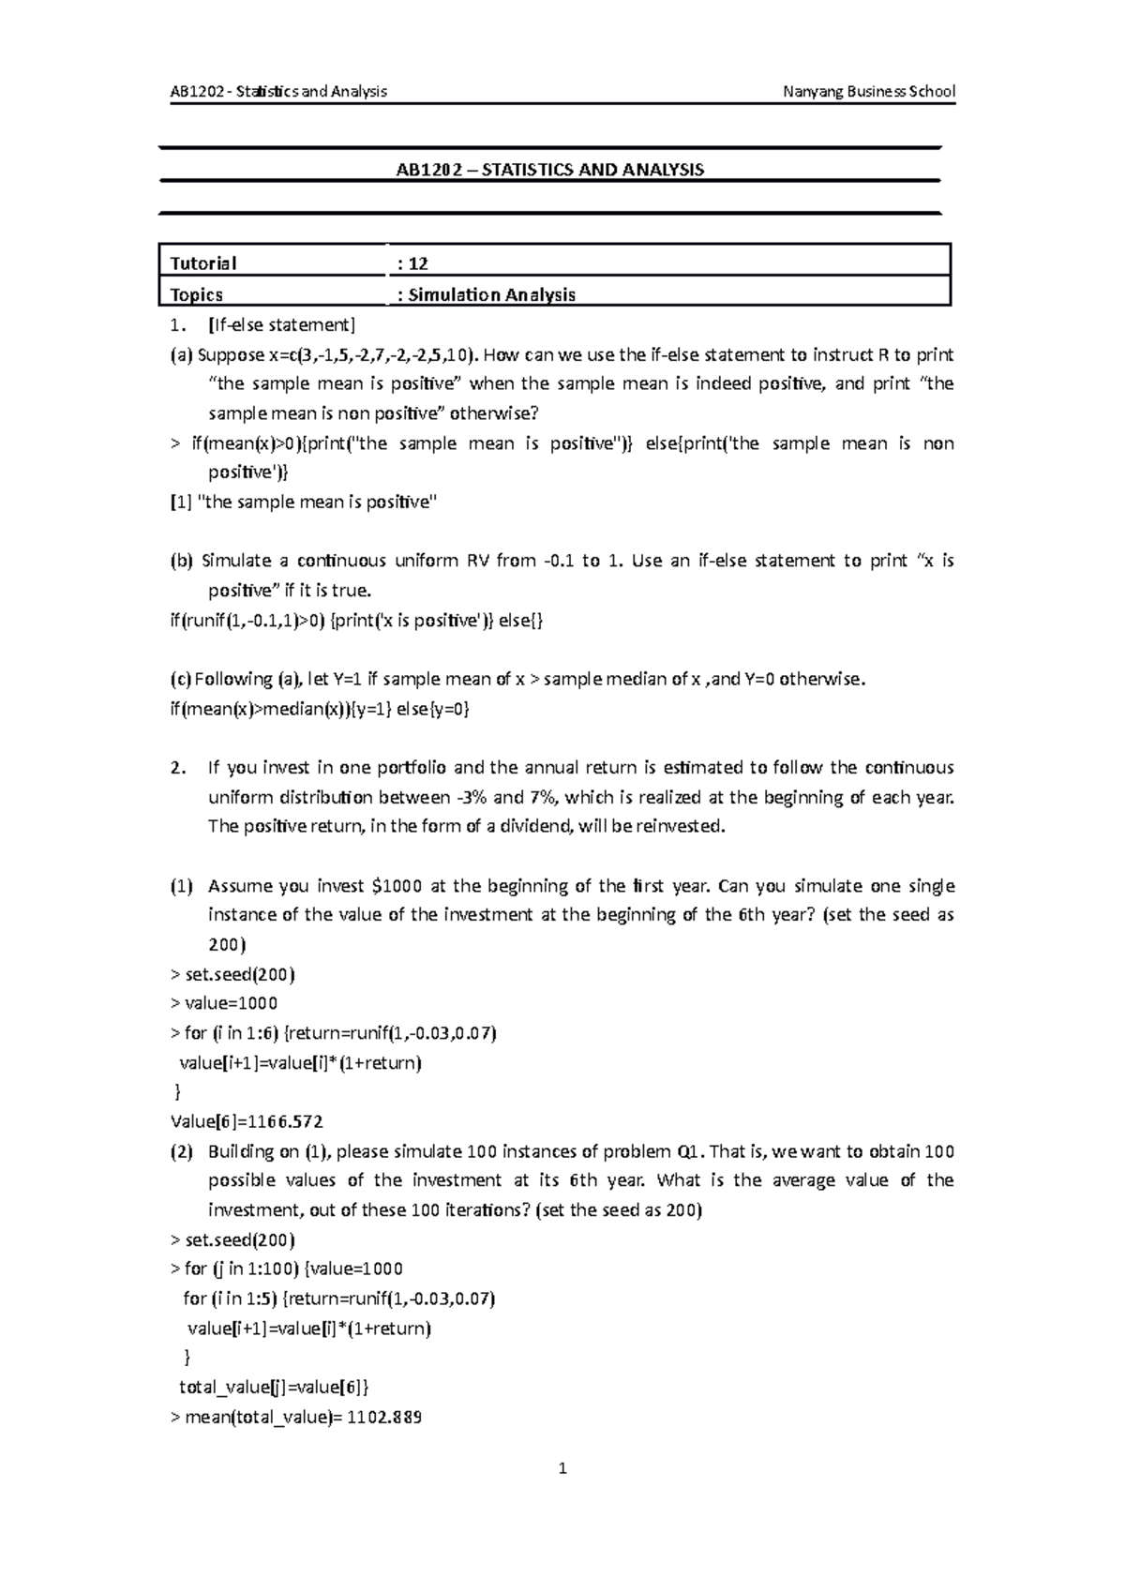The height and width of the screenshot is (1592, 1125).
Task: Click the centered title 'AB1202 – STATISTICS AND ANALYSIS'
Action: tap(549, 170)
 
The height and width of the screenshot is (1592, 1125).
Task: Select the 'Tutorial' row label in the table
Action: tap(203, 263)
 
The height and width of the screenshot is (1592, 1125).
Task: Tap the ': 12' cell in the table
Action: tap(413, 263)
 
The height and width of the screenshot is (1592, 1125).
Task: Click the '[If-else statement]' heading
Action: tap(282, 324)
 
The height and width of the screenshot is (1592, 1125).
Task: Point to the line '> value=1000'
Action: tap(224, 1003)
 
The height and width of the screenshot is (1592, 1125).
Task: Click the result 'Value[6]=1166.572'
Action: tap(247, 1121)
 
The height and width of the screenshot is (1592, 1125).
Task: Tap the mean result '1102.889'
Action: tap(384, 1417)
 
